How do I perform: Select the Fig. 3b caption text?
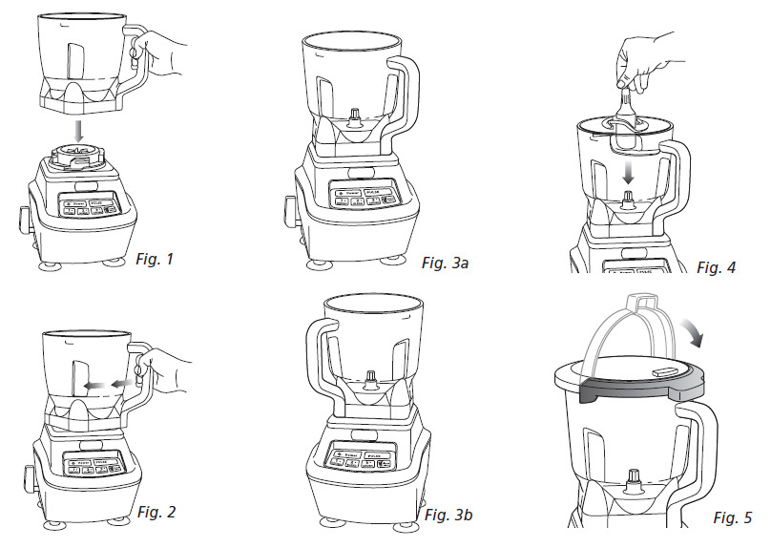[448, 516]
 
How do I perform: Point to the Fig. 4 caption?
[716, 267]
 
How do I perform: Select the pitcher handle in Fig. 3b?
[320, 358]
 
